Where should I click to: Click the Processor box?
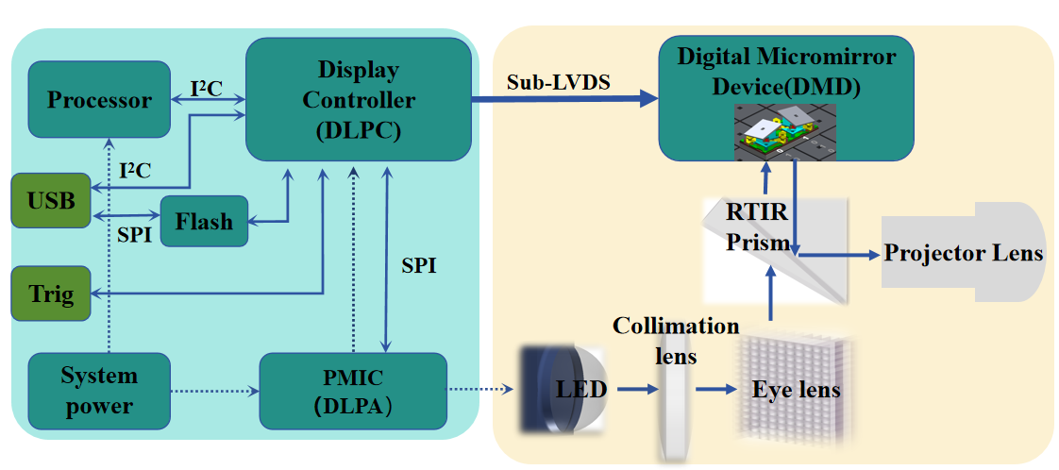(99, 100)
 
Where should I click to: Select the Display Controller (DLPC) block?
(358, 99)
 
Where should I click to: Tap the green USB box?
(50, 200)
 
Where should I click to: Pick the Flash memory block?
(203, 221)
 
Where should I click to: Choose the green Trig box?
(50, 294)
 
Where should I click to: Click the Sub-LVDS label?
(559, 82)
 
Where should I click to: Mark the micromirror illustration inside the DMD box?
(785, 130)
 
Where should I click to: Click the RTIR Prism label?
(756, 227)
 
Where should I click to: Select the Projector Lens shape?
(963, 252)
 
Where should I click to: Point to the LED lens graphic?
(563, 388)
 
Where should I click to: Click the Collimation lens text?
(676, 340)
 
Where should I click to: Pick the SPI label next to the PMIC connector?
(418, 266)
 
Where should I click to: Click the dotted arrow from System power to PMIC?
(214, 389)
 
